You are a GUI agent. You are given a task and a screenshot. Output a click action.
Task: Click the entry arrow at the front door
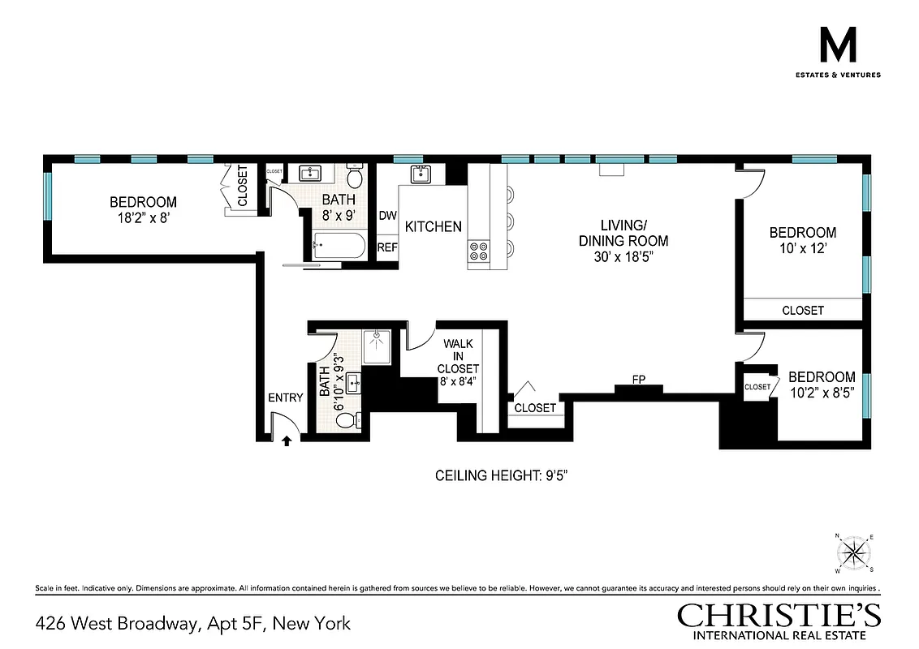286,441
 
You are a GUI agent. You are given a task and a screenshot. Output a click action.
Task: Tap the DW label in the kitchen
387,216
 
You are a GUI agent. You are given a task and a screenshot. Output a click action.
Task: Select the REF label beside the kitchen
387,247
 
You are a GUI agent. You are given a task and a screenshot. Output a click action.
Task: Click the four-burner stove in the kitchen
478,251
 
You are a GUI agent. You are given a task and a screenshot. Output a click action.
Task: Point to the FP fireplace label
639,380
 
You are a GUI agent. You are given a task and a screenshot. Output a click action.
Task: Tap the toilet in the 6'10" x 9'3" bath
346,420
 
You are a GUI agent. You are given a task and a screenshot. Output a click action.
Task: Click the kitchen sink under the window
421,174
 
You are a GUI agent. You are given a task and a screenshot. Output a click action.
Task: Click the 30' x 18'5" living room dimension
623,257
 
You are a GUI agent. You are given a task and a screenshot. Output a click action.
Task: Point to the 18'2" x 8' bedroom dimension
143,217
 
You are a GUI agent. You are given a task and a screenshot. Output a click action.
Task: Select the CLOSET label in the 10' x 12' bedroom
803,310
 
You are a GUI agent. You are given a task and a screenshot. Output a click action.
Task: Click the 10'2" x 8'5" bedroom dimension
822,393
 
